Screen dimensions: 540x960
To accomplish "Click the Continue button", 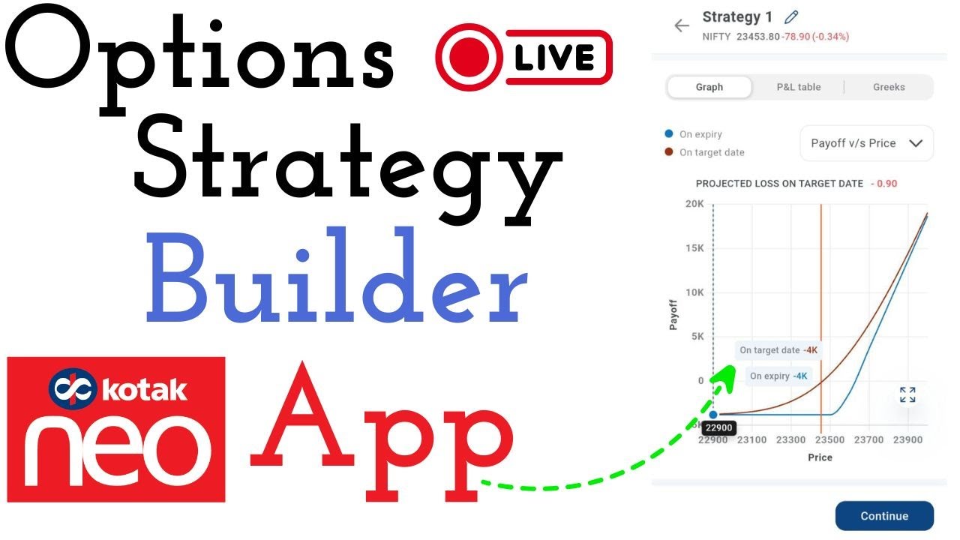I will tap(884, 516).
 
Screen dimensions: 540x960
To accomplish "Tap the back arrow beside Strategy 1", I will tap(681, 25).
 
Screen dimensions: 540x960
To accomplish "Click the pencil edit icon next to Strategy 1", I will tap(790, 16).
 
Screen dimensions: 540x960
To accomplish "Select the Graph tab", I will tap(709, 87).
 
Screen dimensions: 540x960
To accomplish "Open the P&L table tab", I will tap(798, 87).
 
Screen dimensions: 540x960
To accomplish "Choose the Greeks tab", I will tap(889, 87).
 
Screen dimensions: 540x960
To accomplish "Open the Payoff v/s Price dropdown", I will tap(866, 143).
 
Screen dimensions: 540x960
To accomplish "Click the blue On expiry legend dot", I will tap(669, 134).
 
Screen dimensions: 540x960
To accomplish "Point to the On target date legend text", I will tap(712, 152).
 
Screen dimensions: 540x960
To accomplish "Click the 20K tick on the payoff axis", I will tap(694, 204).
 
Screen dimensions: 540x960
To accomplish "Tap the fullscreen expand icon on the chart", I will tap(907, 394).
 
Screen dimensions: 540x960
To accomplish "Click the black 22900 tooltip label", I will tap(717, 428).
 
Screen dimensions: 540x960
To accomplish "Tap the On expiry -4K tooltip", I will tap(778, 376).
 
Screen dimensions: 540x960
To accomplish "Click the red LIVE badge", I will tap(523, 57).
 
